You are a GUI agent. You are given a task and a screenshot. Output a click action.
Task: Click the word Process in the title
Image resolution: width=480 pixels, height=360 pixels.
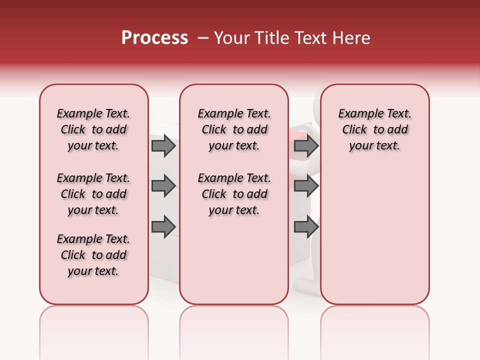point(154,38)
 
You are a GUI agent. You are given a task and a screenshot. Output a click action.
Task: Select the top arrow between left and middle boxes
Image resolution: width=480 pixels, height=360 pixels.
point(163,146)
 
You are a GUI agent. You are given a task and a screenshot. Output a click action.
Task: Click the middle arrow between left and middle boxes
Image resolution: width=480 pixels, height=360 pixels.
point(163,186)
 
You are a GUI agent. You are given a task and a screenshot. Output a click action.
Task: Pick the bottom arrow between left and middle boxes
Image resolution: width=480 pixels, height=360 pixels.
point(163,227)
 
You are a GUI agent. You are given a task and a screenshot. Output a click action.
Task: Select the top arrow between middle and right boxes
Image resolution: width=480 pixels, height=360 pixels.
point(306,146)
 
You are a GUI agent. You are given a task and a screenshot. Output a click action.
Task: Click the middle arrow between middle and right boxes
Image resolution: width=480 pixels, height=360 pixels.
point(306,186)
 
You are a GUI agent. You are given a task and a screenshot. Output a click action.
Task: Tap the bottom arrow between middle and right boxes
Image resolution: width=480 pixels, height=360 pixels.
point(306,227)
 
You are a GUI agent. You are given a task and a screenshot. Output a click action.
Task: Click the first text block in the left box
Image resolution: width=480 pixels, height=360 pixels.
point(93,129)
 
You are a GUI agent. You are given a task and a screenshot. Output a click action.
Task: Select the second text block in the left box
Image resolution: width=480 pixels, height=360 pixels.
point(93,194)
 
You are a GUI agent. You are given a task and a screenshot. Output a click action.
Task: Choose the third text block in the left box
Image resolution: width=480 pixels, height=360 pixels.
point(93,255)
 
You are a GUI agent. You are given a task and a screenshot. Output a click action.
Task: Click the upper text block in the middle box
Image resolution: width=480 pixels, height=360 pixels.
point(234,129)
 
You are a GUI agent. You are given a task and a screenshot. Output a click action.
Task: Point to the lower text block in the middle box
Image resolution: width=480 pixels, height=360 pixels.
point(234,194)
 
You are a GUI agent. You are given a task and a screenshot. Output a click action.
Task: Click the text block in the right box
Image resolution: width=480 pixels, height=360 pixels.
point(374,129)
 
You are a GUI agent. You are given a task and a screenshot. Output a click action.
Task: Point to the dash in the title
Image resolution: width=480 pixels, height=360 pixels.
point(203,38)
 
